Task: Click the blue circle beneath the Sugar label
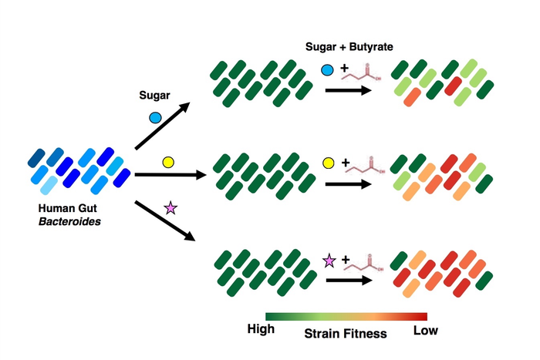pyautogui.click(x=154, y=118)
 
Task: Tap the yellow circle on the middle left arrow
pyautogui.click(x=167, y=162)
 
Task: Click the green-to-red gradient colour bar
pyautogui.click(x=346, y=316)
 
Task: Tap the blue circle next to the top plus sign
pyautogui.click(x=327, y=71)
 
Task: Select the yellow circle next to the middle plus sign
pyautogui.click(x=328, y=163)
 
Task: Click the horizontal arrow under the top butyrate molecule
pyautogui.click(x=352, y=90)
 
